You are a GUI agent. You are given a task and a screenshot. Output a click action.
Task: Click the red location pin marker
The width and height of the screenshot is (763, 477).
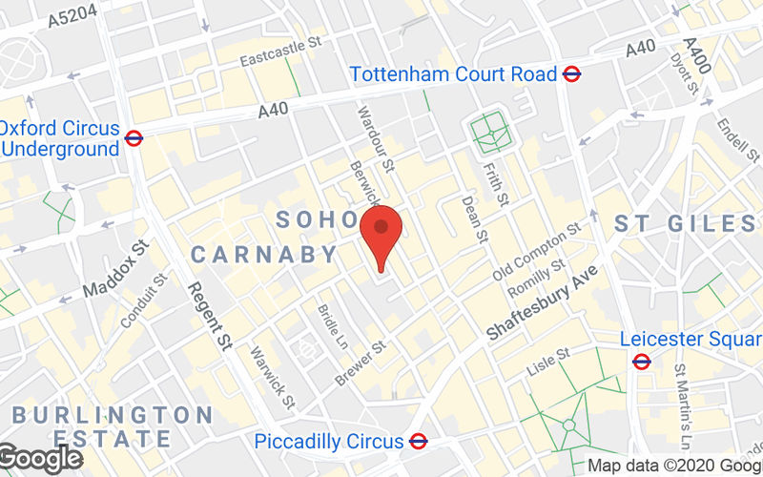(381, 234)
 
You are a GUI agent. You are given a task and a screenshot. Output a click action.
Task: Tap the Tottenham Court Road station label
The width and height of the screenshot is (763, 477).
(453, 73)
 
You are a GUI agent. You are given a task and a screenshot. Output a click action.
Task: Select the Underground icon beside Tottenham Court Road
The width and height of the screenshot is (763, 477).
(572, 73)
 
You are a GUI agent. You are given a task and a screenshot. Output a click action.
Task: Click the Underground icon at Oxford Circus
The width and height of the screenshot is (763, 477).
(134, 138)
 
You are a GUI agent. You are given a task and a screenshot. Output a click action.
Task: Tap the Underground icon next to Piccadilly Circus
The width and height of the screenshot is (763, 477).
(417, 442)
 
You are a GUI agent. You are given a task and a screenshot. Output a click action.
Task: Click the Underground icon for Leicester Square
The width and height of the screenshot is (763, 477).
(641, 361)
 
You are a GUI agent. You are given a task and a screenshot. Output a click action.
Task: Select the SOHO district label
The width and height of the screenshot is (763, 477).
(315, 220)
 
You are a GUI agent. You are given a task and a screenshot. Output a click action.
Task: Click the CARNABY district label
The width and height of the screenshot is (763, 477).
(265, 255)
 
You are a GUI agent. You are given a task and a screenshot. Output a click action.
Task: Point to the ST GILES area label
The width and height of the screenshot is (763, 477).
(684, 224)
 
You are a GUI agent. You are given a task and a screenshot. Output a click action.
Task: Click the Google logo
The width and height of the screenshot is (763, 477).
(40, 459)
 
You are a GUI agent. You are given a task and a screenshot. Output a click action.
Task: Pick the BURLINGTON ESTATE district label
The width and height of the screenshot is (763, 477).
(113, 427)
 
